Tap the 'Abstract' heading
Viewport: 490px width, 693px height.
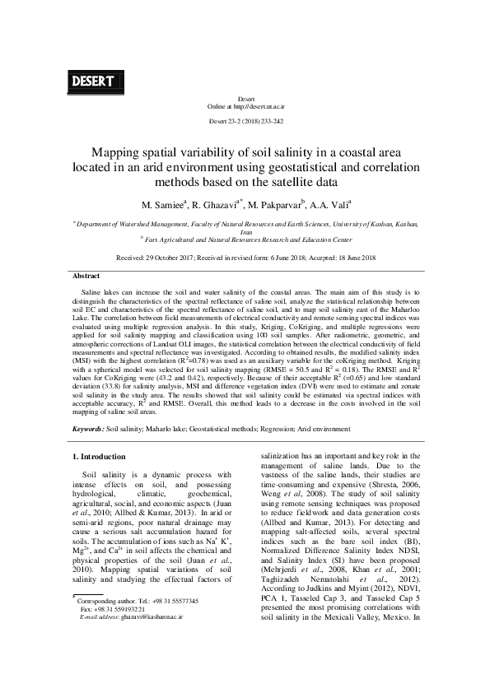tap(87, 276)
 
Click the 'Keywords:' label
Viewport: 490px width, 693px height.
tap(88, 430)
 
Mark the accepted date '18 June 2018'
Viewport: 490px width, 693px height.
tap(346, 258)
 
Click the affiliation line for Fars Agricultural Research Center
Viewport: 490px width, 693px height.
tap(245, 241)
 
